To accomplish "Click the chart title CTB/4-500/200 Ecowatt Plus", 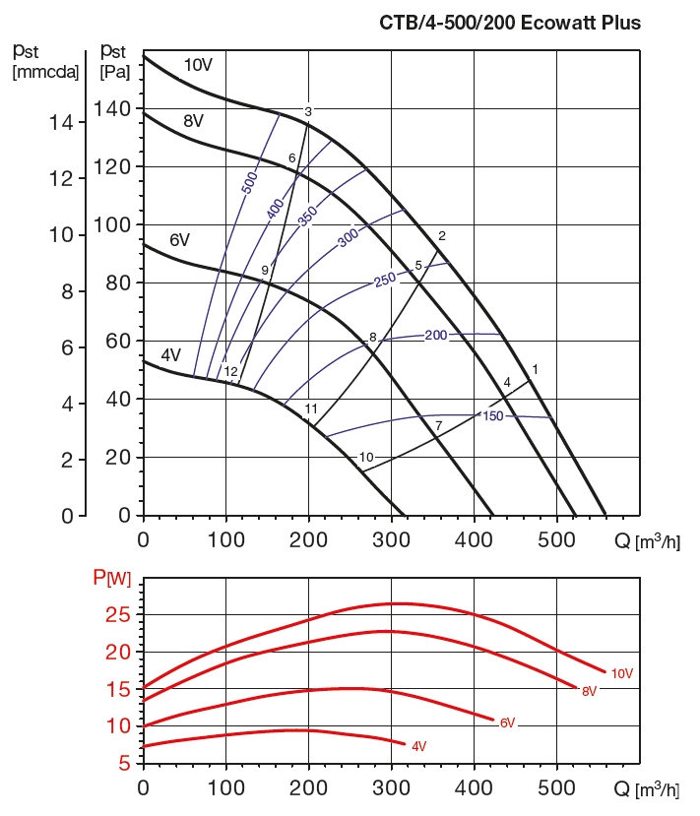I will point(510,22).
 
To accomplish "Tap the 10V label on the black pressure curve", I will point(198,65).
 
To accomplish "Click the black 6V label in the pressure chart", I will point(179,240).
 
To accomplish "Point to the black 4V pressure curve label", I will point(170,355).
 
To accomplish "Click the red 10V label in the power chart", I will point(621,673).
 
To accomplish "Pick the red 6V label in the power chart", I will point(508,722).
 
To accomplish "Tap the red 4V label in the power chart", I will point(418,746).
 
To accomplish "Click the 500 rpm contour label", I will point(249,180).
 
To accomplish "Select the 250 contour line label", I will point(385,281).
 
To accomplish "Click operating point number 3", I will point(308,112).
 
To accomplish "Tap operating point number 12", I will point(231,372).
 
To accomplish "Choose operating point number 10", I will point(366,458).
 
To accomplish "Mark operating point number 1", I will point(535,369).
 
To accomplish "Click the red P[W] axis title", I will point(112,577).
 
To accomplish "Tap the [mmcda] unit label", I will point(45,71).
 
